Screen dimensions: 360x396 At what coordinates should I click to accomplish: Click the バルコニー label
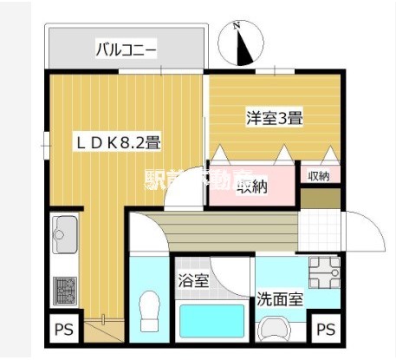point(127,50)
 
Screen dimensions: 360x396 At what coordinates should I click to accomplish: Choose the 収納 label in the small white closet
point(318,176)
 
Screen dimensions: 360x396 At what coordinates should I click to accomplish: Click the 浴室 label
point(192,281)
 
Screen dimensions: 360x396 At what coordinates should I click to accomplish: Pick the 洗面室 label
point(280,299)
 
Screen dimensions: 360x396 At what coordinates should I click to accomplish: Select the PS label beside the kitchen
point(63,330)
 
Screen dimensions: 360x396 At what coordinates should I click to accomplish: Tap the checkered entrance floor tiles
point(322,232)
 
